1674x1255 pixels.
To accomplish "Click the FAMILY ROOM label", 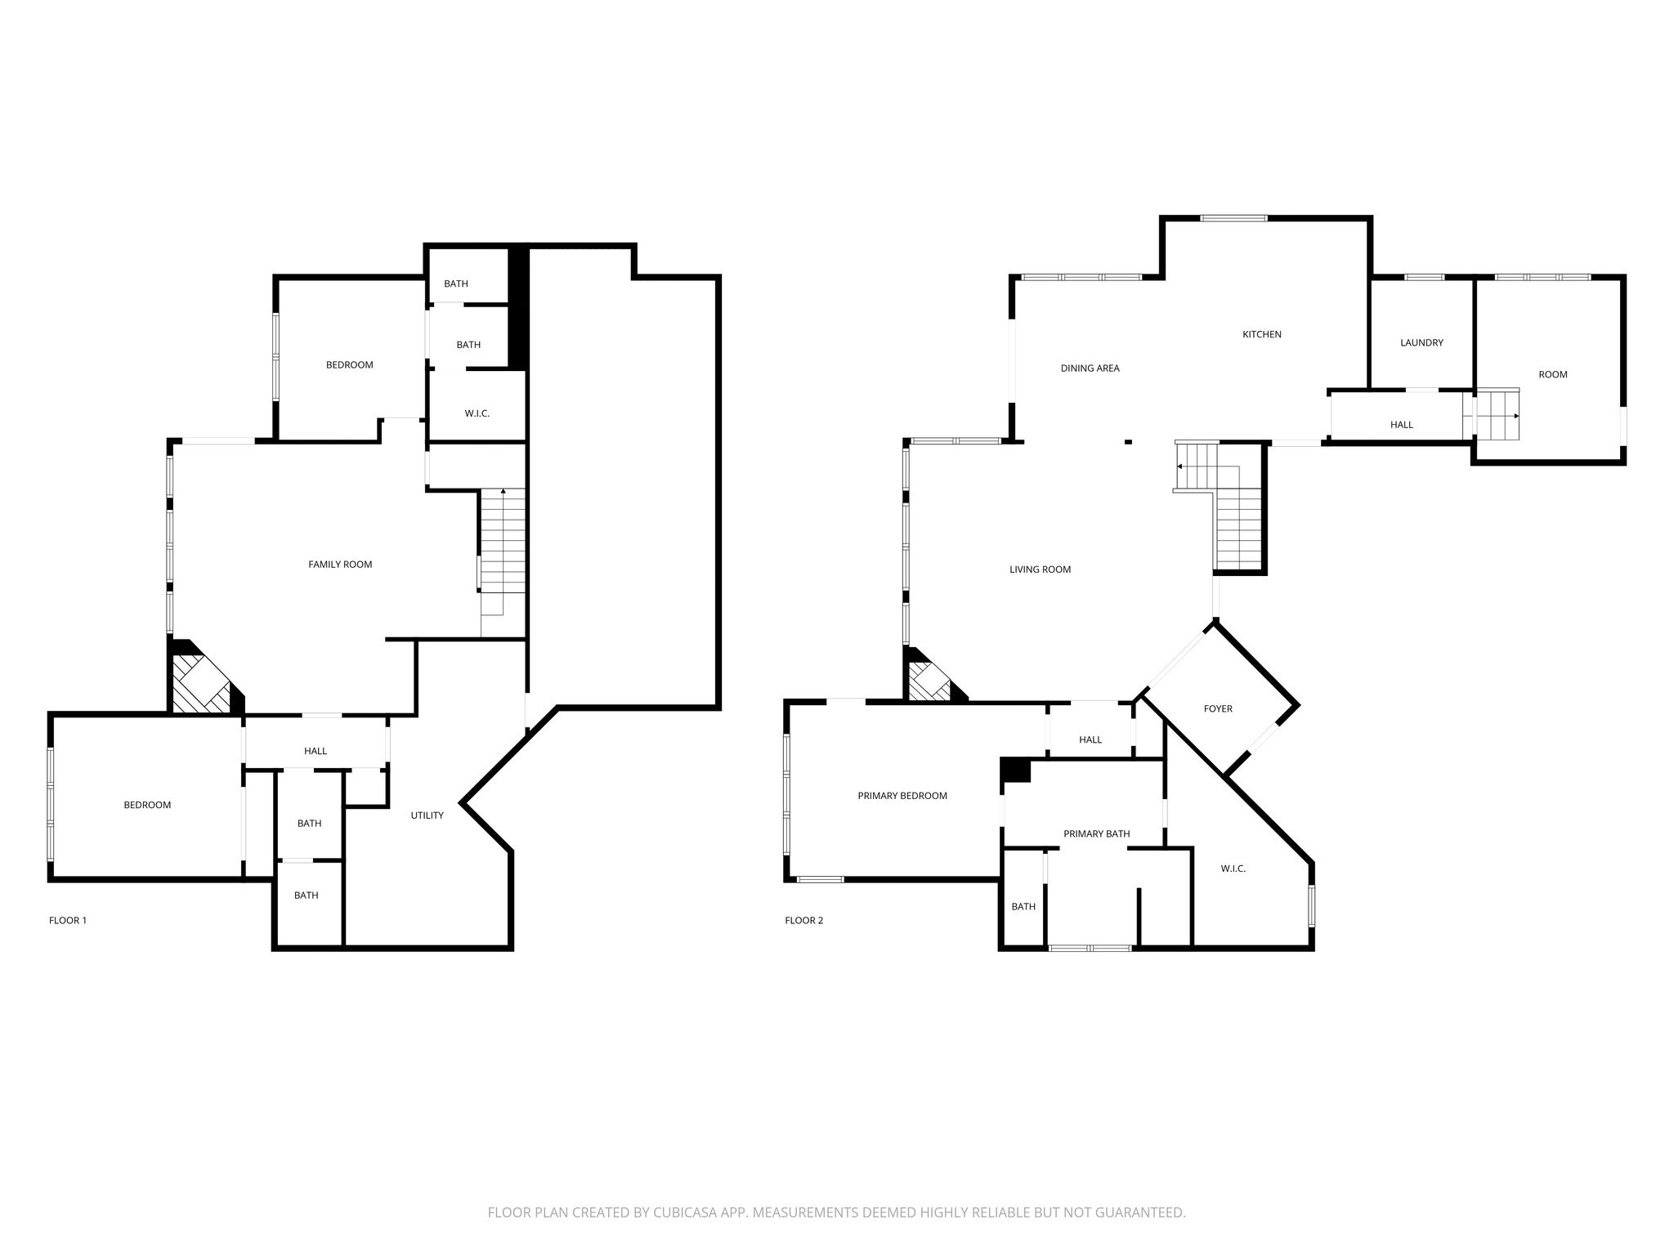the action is [x=340, y=565].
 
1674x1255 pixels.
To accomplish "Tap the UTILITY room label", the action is [x=427, y=815].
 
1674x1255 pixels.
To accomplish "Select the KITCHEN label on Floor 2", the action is [x=1262, y=334].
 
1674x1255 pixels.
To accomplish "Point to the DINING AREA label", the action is [x=1090, y=368].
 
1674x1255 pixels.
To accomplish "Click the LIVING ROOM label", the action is [x=1040, y=569].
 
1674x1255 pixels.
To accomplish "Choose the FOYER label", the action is [x=1218, y=709].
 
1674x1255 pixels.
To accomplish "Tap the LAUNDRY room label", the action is [x=1421, y=343].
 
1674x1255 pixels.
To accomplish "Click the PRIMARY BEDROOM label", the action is [x=902, y=796].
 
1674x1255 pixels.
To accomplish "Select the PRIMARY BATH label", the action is [x=1096, y=834].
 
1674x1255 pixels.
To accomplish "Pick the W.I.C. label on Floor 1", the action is [x=477, y=413].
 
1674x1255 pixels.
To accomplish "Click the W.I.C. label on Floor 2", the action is [x=1233, y=869].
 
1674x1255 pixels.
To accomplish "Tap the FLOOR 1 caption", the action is [x=68, y=921].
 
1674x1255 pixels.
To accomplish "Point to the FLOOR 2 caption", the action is [x=803, y=921].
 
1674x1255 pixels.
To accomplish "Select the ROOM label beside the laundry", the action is [x=1553, y=375].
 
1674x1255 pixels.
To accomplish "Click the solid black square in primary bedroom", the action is [x=1016, y=770].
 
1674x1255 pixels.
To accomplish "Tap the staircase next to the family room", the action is [x=502, y=562].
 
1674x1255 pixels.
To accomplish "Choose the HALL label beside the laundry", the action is [x=1402, y=425].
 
